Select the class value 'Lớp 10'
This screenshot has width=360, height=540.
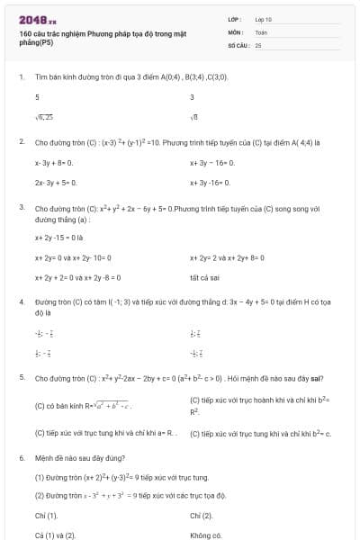click(x=265, y=19)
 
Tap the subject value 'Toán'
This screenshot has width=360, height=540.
click(x=261, y=31)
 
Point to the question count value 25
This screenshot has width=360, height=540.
click(x=258, y=44)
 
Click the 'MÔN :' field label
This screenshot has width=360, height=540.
click(x=236, y=31)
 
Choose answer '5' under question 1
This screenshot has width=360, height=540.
click(x=37, y=97)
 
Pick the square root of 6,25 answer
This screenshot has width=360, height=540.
click(x=44, y=117)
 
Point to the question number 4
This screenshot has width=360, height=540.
click(x=22, y=301)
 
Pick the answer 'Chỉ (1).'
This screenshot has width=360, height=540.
click(x=46, y=516)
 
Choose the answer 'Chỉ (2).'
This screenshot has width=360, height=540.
click(x=202, y=516)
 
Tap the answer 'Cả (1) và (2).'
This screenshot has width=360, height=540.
click(x=55, y=535)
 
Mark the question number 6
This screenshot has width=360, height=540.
click(x=22, y=457)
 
